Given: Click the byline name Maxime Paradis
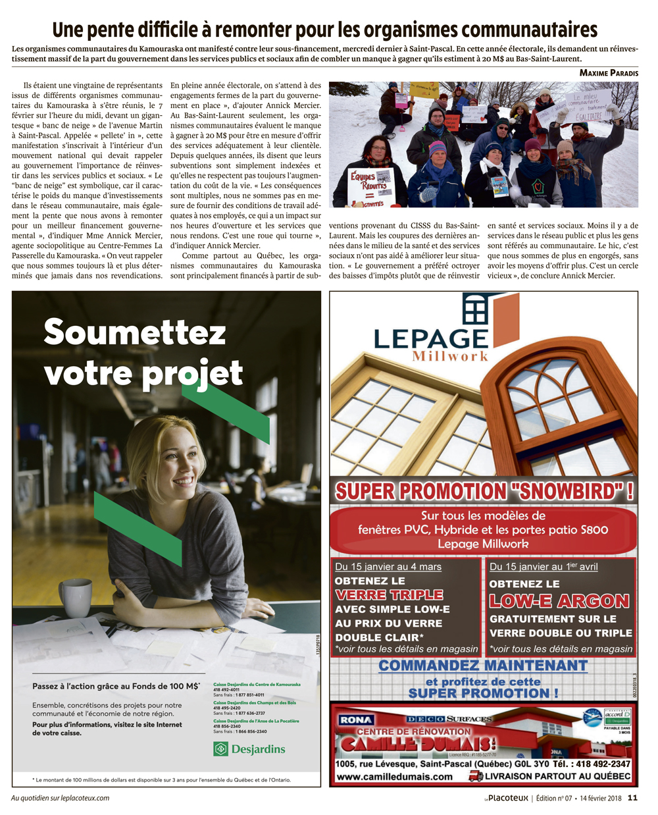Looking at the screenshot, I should [609, 73].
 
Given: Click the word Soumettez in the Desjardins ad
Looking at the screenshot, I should [134, 332].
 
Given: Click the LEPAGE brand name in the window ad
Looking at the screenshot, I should [430, 338].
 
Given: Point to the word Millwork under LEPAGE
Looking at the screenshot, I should [450, 357].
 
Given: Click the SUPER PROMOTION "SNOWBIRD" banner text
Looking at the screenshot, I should [484, 491].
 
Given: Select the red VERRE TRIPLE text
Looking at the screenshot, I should [389, 595].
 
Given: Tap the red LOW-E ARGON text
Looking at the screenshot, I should [559, 600].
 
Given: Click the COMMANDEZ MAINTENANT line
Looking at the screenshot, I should [483, 666].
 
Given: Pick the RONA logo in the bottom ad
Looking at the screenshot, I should [356, 720].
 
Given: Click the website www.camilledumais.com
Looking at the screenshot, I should [394, 776].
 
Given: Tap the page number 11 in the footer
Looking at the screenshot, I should [632, 798].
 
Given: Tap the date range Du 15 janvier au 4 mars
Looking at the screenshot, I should [388, 567].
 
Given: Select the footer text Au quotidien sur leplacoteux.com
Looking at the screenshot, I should [61, 799].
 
